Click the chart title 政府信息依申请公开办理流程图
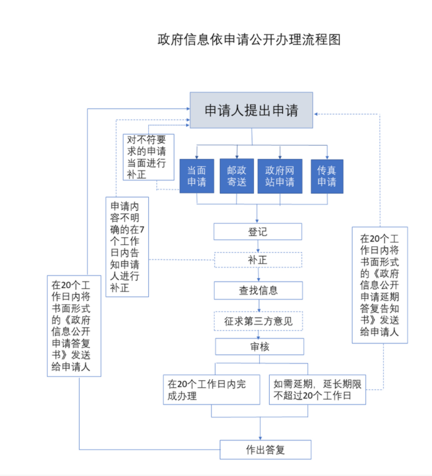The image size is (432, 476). pyautogui.click(x=248, y=40)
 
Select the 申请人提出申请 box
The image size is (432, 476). pyautogui.click(x=251, y=110)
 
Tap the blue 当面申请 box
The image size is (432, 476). pyautogui.click(x=197, y=175)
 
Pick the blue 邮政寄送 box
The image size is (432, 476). pyautogui.click(x=237, y=175)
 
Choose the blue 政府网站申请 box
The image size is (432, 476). pyautogui.click(x=279, y=175)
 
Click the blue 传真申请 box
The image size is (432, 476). pyautogui.click(x=327, y=175)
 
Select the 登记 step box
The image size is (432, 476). pyautogui.click(x=258, y=232)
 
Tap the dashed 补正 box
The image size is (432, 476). pyautogui.click(x=258, y=260)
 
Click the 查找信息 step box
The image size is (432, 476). pyautogui.click(x=258, y=290)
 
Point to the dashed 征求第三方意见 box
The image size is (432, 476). pyautogui.click(x=258, y=321)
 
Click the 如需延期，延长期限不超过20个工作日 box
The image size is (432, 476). pyautogui.click(x=317, y=390)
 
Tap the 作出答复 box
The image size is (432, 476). pyautogui.click(x=265, y=449)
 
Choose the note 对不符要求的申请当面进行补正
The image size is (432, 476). pyautogui.click(x=147, y=157)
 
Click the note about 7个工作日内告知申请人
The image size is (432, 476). pyautogui.click(x=127, y=246)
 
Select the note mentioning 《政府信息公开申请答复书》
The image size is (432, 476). pyautogui.click(x=75, y=327)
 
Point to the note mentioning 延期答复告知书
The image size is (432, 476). pyautogui.click(x=379, y=285)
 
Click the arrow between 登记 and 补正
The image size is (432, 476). pyautogui.click(x=258, y=246)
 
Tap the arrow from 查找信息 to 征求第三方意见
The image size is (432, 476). pyautogui.click(x=258, y=305)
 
